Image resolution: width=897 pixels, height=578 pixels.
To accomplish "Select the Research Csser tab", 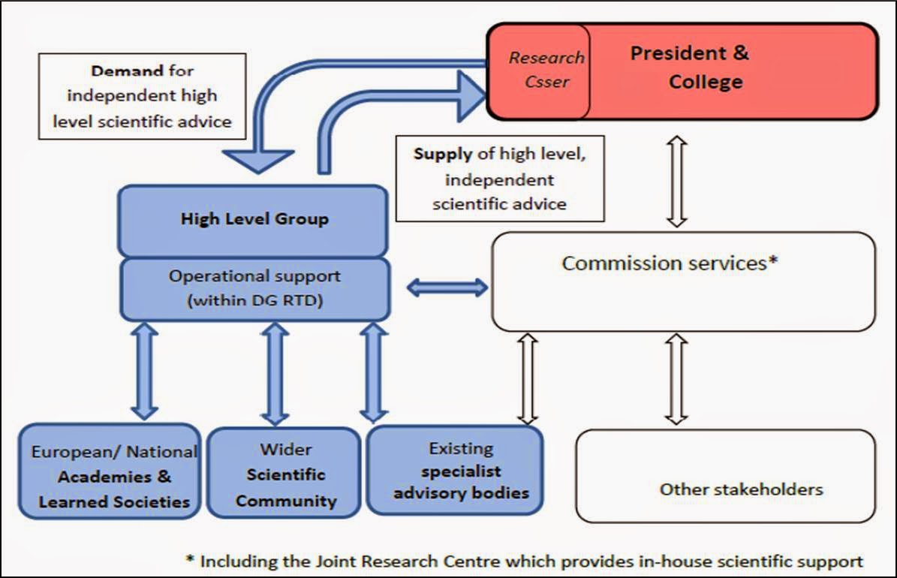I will click(x=546, y=69).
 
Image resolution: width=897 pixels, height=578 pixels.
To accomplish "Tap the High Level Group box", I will click(x=254, y=219).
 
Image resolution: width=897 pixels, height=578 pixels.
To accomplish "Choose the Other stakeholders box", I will click(x=741, y=489).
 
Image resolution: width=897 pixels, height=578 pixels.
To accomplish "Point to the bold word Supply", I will click(x=442, y=155).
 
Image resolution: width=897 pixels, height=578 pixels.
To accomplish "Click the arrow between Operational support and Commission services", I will click(x=447, y=287).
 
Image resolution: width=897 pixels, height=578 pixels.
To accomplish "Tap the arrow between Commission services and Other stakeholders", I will click(x=677, y=379).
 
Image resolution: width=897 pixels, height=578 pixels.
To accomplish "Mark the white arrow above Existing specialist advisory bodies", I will click(x=528, y=379).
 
